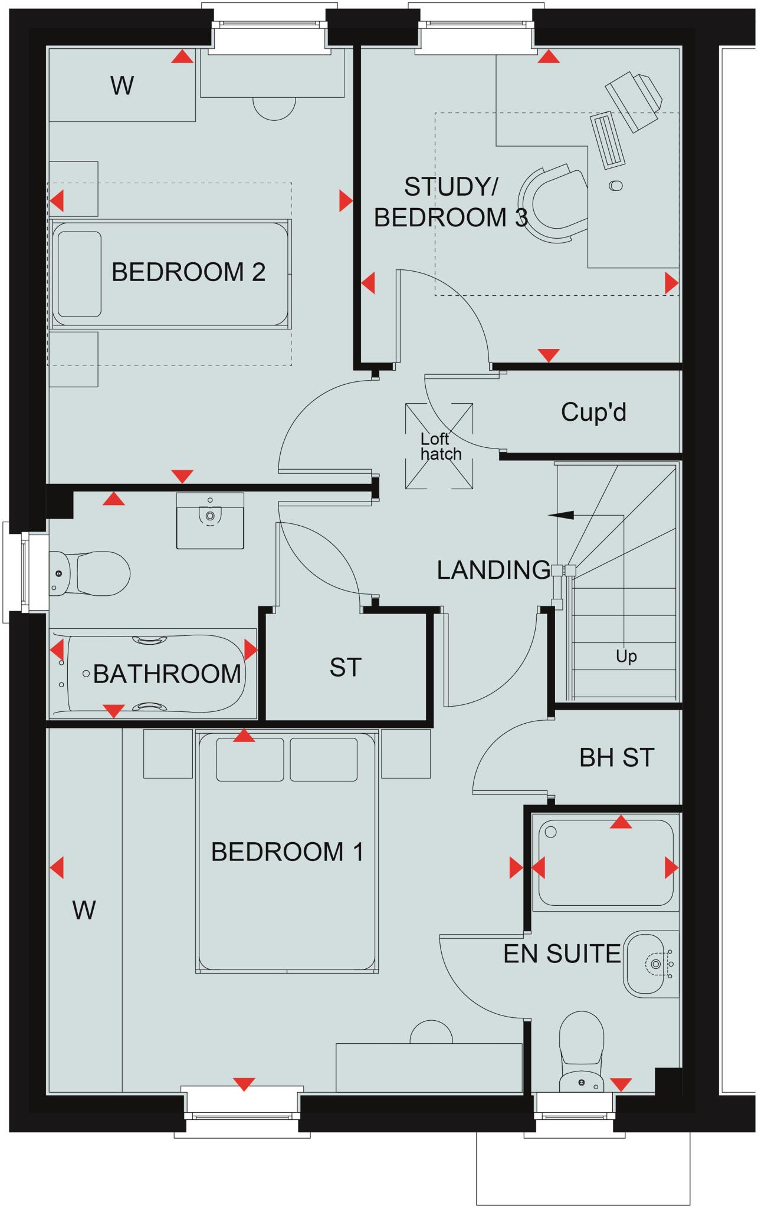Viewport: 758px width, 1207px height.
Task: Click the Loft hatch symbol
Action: (439, 446)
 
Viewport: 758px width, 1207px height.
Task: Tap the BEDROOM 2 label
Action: (188, 272)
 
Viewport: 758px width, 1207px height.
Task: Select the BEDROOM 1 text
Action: (287, 852)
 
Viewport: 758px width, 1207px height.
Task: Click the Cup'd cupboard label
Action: (593, 413)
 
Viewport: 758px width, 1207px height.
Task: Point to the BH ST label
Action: (616, 758)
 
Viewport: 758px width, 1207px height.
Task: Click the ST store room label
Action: (345, 668)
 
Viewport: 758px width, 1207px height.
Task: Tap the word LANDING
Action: (494, 570)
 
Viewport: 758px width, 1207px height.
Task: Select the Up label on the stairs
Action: (626, 656)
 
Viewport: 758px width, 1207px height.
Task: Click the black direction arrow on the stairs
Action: (560, 515)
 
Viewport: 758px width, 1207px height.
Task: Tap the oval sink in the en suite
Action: (650, 964)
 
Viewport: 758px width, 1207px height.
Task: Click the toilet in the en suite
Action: (581, 1055)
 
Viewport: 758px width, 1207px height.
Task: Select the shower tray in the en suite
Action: (606, 862)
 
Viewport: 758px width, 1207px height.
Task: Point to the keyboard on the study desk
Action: (608, 140)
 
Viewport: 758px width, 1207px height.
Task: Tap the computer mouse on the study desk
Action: (616, 186)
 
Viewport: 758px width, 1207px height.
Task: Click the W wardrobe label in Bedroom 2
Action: (122, 86)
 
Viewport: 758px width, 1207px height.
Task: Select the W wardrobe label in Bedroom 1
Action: (84, 911)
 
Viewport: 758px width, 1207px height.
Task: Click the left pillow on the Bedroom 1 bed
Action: (250, 760)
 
